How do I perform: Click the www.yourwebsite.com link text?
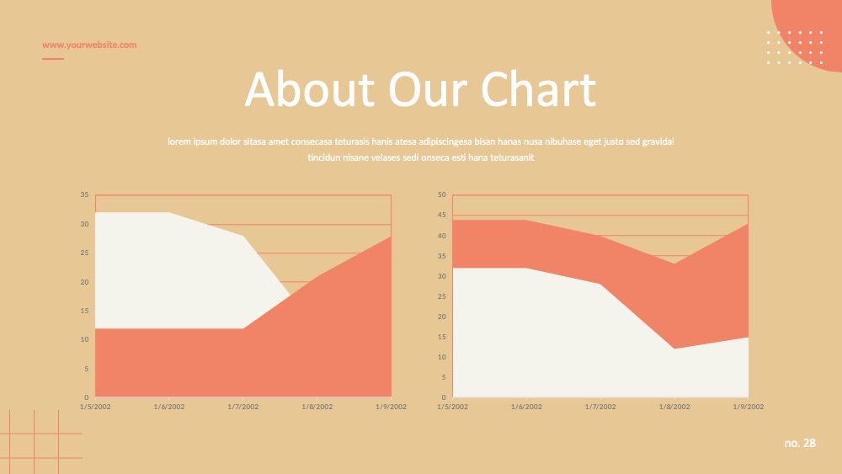(x=89, y=45)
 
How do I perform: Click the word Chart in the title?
(x=538, y=88)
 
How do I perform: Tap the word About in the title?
(x=309, y=88)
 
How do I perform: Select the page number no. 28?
(x=800, y=443)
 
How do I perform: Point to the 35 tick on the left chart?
(x=84, y=194)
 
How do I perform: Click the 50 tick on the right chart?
(x=441, y=194)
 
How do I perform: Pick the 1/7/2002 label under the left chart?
(x=242, y=407)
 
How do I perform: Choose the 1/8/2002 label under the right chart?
(x=674, y=407)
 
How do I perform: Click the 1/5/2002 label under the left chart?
(x=95, y=407)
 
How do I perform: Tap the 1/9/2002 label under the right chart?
(x=748, y=407)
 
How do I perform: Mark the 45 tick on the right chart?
(x=441, y=215)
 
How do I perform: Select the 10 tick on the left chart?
(x=84, y=339)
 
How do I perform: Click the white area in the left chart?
(x=172, y=269)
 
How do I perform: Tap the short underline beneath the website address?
(x=52, y=58)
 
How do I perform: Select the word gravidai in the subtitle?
(x=658, y=141)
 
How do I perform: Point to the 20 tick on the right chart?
(x=441, y=317)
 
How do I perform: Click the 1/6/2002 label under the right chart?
(x=526, y=407)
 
